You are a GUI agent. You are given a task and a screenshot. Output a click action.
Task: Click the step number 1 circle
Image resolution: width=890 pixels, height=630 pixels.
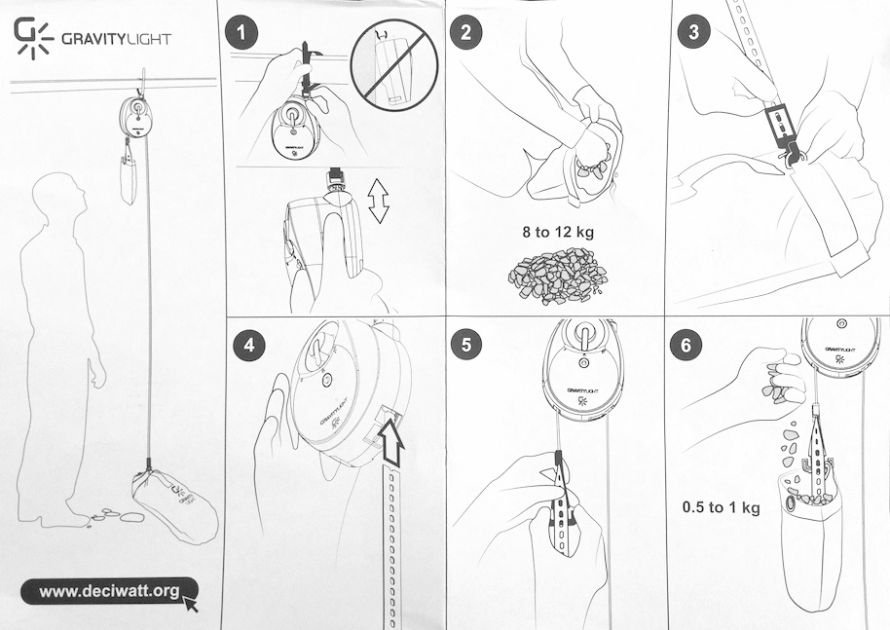241,33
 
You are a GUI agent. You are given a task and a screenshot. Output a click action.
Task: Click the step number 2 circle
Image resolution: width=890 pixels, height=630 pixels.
465,32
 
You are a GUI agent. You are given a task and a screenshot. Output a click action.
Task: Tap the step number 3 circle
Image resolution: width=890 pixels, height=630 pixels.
693,32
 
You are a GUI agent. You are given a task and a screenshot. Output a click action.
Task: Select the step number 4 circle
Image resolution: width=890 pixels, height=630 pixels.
249,344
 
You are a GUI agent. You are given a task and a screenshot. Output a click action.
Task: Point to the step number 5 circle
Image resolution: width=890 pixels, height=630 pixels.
465,344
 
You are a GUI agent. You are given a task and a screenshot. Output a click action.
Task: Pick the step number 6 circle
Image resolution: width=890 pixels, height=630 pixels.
686,345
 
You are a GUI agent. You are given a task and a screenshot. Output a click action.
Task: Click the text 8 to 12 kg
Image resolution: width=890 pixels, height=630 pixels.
558,232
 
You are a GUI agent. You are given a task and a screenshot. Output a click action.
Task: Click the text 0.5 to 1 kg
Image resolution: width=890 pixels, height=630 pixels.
721,507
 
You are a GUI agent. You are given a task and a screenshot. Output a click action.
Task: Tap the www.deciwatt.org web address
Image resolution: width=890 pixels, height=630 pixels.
109,591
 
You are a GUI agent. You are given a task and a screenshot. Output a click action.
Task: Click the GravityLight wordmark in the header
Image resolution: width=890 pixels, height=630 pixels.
116,39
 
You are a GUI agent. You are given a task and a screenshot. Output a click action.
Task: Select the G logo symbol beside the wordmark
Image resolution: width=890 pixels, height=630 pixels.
33,37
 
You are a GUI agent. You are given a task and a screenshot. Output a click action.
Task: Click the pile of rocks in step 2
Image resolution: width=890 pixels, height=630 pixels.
557,276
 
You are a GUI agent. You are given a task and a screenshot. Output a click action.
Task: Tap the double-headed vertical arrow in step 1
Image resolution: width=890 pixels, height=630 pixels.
378,200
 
